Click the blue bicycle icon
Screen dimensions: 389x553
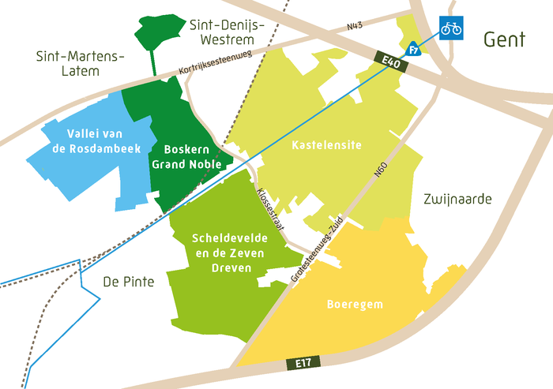(x=451, y=28)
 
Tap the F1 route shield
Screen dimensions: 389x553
(x=412, y=50)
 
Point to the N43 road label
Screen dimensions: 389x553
(x=355, y=27)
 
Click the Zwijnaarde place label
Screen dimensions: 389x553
(x=457, y=199)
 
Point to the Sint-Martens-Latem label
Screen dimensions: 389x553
(x=81, y=63)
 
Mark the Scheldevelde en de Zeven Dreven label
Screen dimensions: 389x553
(x=226, y=252)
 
